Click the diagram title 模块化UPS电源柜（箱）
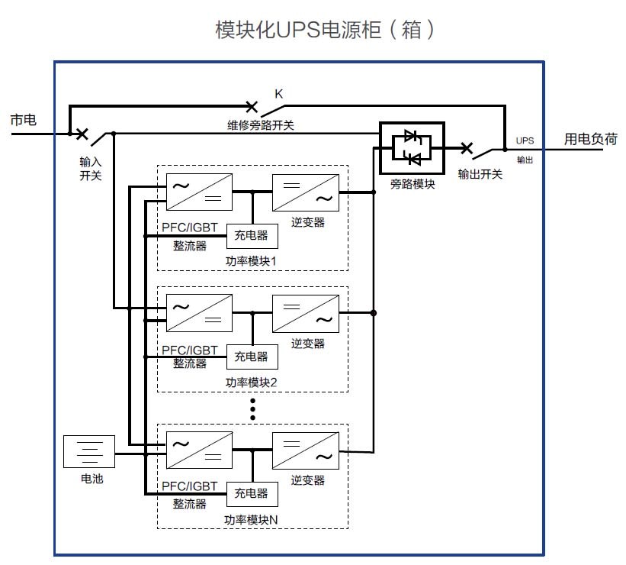326,30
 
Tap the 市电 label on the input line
23,121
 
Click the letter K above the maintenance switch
279,94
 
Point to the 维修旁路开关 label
259,124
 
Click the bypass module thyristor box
412,147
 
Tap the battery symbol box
88,451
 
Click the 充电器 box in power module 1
252,237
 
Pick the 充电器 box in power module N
252,494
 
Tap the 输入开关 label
90,169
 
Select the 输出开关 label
480,174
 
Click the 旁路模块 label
412,184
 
